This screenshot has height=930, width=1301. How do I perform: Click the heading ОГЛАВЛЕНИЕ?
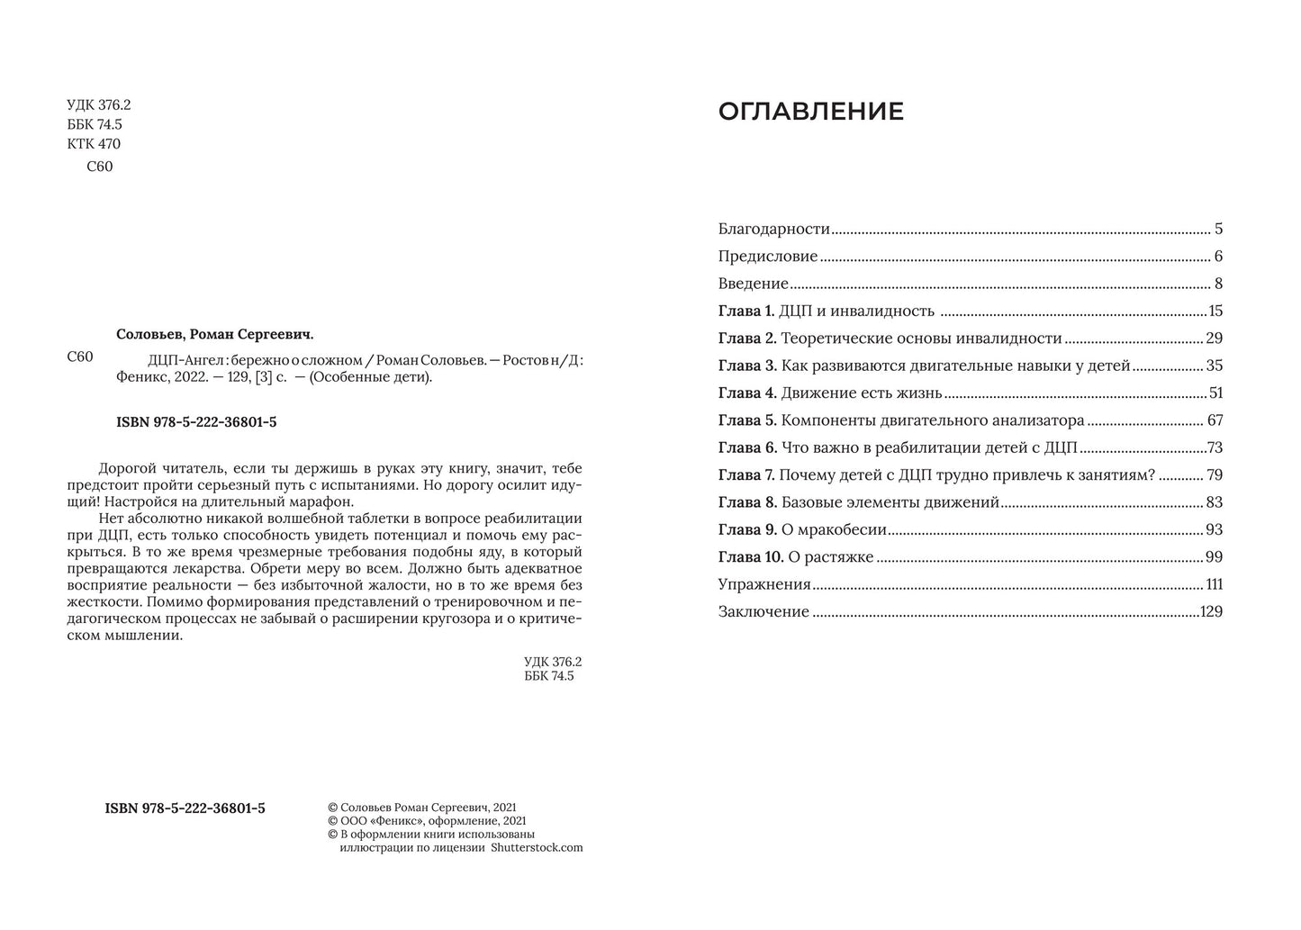tap(810, 112)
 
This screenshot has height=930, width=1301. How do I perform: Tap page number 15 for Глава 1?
tap(1215, 312)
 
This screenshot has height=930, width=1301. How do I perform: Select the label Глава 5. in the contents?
tap(746, 420)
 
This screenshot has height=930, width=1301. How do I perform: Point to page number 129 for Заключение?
tap(1211, 612)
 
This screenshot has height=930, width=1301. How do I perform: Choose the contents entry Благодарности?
tap(773, 230)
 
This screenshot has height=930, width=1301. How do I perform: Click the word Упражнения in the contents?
tap(764, 584)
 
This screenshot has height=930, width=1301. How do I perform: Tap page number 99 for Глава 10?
tap(1214, 557)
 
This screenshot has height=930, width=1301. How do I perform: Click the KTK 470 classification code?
tap(94, 144)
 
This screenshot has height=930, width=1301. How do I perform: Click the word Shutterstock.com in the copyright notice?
tap(537, 847)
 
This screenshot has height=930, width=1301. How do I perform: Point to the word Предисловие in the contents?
tap(767, 257)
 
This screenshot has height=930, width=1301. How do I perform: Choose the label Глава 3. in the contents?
tap(746, 366)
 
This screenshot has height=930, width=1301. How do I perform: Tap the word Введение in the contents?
tap(753, 284)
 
